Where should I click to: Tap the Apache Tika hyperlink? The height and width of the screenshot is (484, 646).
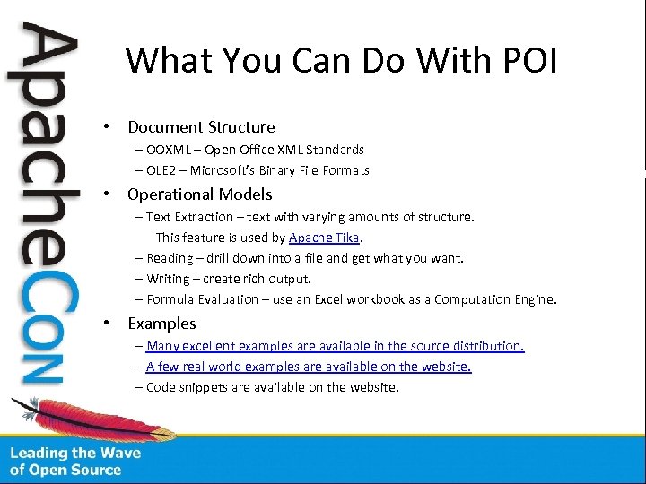pos(324,238)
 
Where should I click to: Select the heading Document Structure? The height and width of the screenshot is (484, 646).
pos(201,127)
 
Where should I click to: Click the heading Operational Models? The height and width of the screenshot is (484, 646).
pos(199,194)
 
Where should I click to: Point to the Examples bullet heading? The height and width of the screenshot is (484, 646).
pos(161,324)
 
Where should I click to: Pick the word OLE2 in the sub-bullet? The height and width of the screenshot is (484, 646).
pos(161,170)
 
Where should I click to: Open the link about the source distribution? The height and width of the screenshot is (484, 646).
pos(335,346)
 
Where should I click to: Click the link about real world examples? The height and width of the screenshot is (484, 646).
pos(308,367)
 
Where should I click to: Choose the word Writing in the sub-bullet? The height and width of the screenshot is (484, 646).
pos(168,279)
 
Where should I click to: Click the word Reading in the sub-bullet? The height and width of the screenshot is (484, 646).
pos(170,258)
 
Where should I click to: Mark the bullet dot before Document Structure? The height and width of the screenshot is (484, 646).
pos(106,127)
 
